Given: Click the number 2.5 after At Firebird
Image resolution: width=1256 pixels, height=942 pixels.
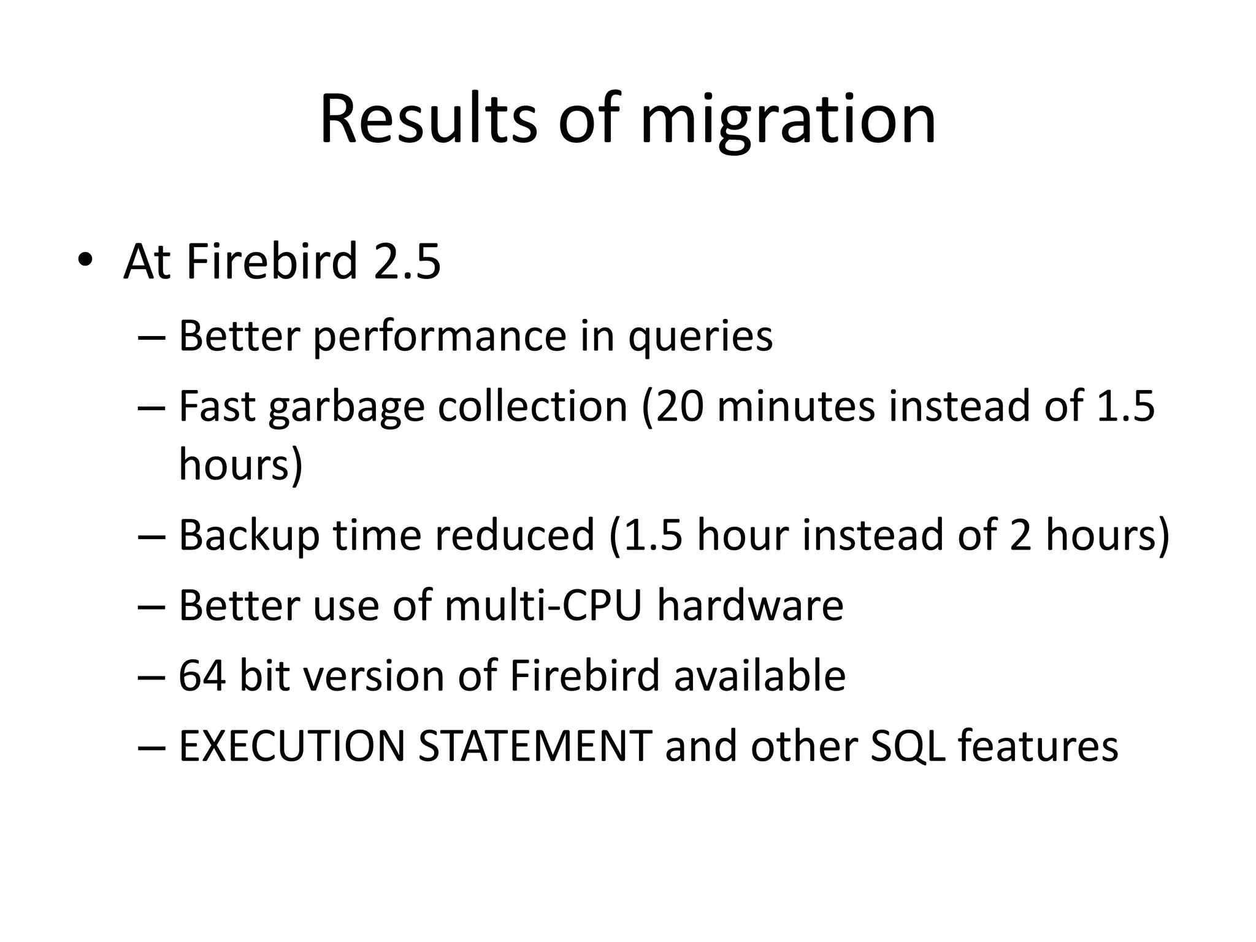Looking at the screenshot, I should (x=407, y=261).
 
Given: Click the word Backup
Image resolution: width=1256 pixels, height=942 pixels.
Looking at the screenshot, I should (x=249, y=535).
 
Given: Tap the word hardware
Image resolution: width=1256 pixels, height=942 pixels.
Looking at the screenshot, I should (x=750, y=605).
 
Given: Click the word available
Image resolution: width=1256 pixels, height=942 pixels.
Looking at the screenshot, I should (x=760, y=676).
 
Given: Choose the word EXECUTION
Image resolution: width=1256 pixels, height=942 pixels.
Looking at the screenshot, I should (x=291, y=746).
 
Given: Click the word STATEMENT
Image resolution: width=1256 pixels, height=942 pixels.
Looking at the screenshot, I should (x=535, y=746).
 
